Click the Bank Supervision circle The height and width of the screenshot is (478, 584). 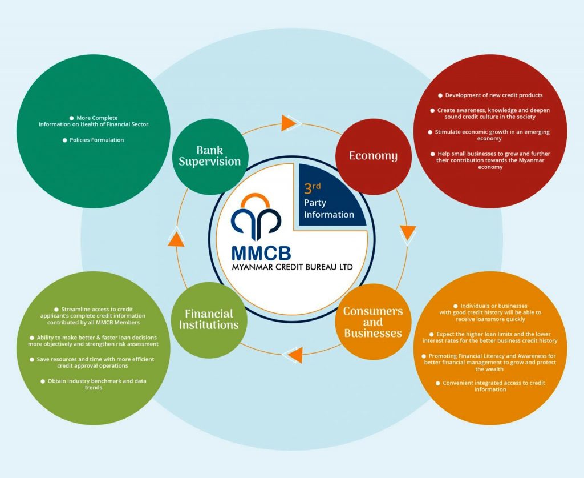pos(209,156)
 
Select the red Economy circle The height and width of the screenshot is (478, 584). pos(373,156)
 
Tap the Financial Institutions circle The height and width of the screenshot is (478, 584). pos(209,320)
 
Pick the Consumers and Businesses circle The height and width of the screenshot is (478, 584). pos(373,322)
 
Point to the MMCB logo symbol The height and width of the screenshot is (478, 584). pos(256,216)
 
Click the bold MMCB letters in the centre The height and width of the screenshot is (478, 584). pos(261,252)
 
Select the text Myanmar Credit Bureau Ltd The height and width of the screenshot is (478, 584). pos(292,267)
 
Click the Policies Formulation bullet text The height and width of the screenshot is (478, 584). pos(94,140)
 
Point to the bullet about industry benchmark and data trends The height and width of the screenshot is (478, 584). pos(93,384)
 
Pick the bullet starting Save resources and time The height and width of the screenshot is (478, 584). pos(93,362)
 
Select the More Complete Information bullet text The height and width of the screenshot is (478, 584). pos(94,120)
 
